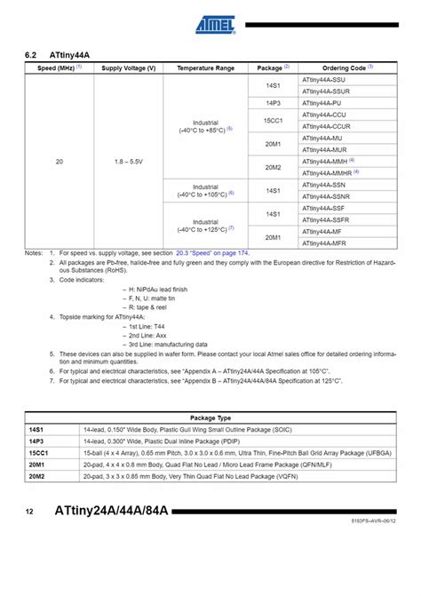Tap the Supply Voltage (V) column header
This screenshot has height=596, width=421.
pyautogui.click(x=129, y=68)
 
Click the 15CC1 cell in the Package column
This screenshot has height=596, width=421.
pyautogui.click(x=273, y=120)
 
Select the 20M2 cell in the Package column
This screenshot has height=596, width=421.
pyautogui.click(x=273, y=166)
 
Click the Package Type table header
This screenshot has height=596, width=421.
pyautogui.click(x=210, y=417)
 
